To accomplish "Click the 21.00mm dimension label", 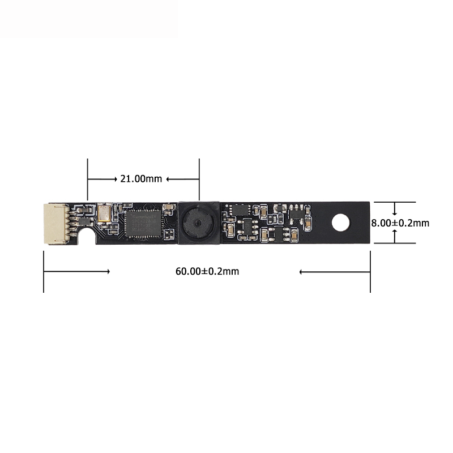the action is (x=141, y=179).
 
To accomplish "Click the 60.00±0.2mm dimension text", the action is (x=207, y=271).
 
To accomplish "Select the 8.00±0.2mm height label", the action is (x=400, y=223).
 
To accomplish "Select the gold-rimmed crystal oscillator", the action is (x=104, y=213).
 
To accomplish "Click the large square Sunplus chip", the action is (x=143, y=223).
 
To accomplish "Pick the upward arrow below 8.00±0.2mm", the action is (x=395, y=237).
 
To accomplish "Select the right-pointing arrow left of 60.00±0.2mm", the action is (x=76, y=272).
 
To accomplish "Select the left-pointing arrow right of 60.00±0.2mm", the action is (x=334, y=272).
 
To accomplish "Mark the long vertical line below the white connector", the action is (x=44, y=272).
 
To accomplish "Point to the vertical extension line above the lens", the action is (x=199, y=178).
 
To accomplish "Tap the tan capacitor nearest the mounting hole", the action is (x=306, y=224).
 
